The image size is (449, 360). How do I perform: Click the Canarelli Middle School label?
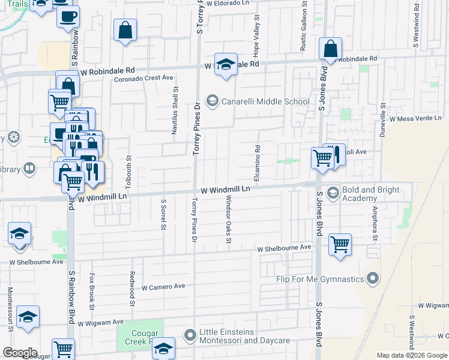point(265,101)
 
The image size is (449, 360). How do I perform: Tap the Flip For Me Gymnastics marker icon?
point(373,278)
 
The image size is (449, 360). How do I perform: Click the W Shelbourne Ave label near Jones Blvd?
point(285,247)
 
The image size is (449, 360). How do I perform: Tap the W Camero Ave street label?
point(163,287)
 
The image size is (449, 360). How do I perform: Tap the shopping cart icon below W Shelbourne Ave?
point(340,244)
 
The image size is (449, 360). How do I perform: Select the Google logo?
point(20,353)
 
